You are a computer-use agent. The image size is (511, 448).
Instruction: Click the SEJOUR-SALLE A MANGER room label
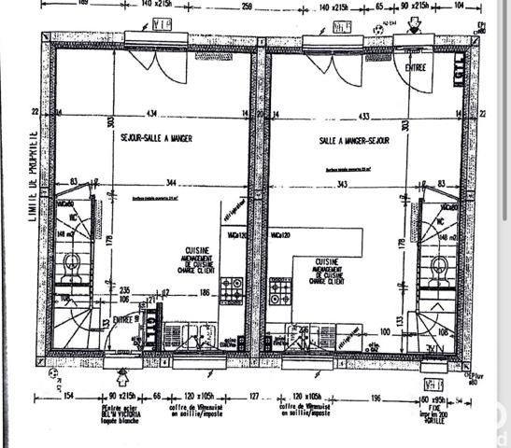click(157, 139)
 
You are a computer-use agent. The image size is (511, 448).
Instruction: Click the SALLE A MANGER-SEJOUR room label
click(352, 139)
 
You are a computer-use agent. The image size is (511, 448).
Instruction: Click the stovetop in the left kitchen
click(231, 293)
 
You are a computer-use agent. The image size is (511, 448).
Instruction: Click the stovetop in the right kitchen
click(279, 293)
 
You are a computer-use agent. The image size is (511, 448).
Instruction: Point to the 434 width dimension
click(151, 114)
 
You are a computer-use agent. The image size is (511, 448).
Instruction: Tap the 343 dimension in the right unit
click(342, 183)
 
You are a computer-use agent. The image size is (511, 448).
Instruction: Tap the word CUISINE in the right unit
click(327, 262)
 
